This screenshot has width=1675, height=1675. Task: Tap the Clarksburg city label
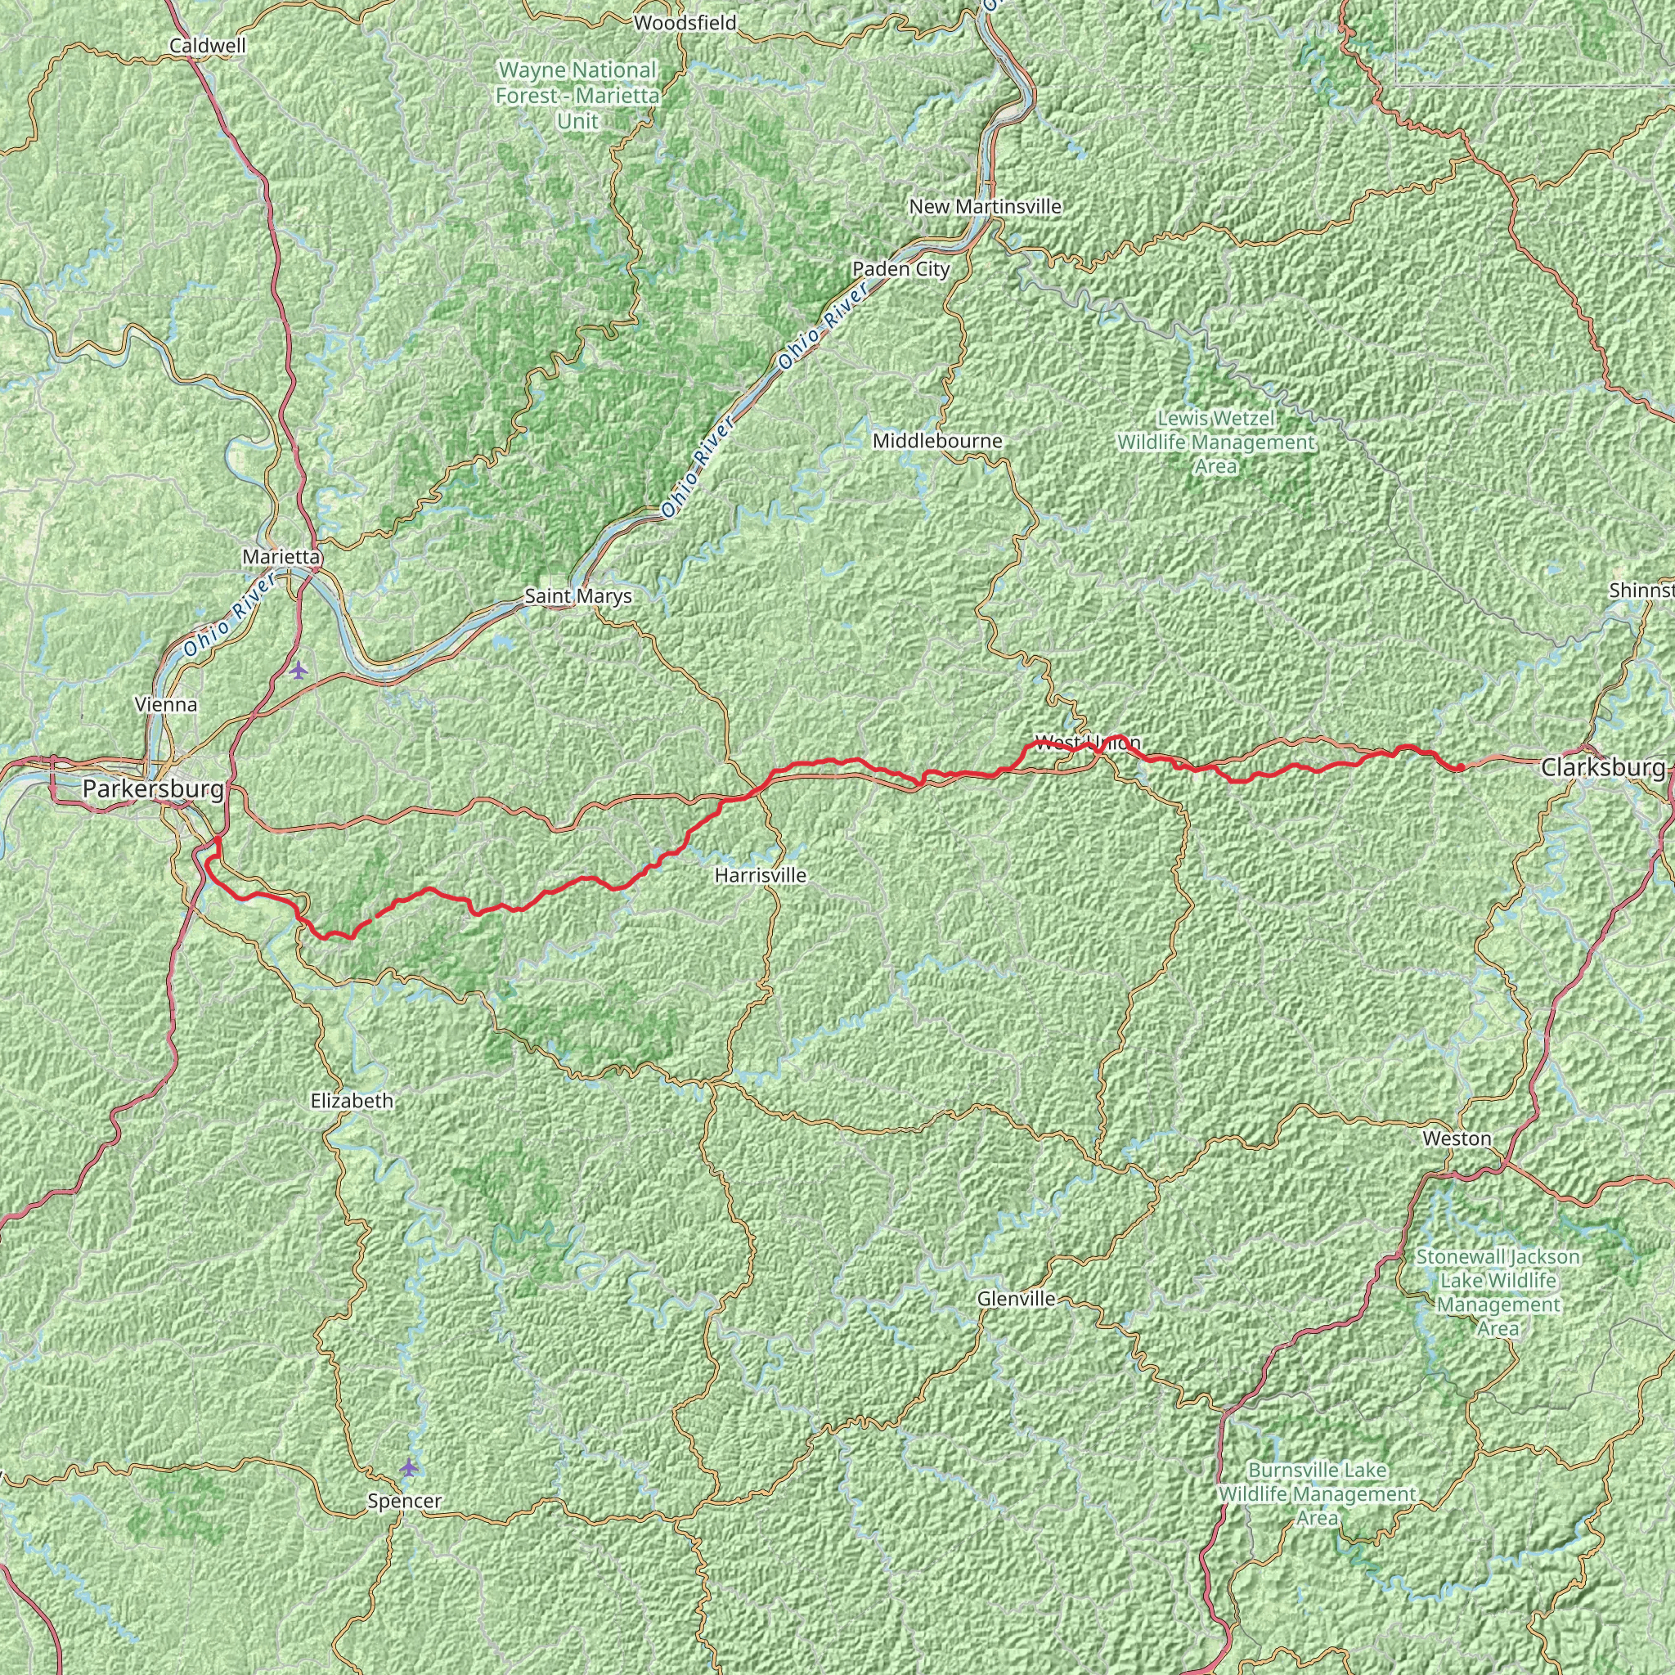point(1603,767)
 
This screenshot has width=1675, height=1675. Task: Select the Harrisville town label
point(761,876)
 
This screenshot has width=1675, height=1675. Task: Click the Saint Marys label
point(577,596)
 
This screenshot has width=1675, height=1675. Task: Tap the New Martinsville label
point(985,206)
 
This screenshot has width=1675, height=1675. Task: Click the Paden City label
point(900,269)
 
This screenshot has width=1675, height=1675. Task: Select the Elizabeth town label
point(352,1101)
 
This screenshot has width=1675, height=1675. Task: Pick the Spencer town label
point(404,1501)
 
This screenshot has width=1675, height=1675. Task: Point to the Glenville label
point(1016,1299)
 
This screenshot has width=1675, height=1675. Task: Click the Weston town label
point(1457,1138)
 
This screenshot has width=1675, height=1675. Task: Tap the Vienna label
point(167,704)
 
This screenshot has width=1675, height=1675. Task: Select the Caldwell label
point(196,45)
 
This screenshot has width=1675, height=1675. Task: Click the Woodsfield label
point(685,23)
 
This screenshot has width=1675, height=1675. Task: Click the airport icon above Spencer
point(408,1467)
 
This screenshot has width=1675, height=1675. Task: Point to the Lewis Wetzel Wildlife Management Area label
point(1215,442)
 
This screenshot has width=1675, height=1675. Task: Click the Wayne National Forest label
point(577,95)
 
